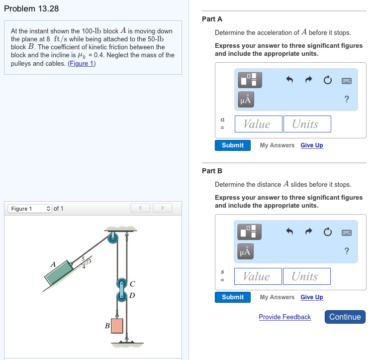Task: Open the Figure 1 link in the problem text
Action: click(82, 63)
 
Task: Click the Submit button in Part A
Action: click(232, 145)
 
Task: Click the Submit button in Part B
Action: click(232, 297)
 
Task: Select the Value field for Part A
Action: click(257, 124)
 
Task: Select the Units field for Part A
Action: click(307, 124)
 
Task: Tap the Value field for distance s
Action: click(257, 276)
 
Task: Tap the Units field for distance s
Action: click(307, 276)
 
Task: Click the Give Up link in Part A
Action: click(311, 145)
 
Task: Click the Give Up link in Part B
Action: click(311, 297)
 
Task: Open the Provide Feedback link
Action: click(284, 317)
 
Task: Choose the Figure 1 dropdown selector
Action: click(29, 209)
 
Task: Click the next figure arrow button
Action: click(162, 208)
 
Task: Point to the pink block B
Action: click(117, 326)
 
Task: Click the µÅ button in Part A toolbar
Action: click(246, 99)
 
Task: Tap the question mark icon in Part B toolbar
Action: click(347, 251)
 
